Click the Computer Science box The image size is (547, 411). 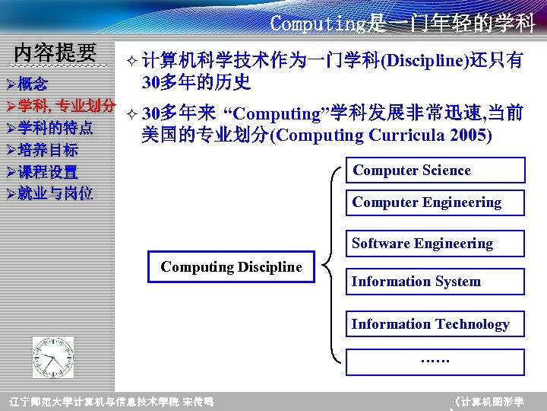435,170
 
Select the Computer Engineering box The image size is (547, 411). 435,202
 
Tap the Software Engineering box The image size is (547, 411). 435,244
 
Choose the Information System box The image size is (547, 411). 435,282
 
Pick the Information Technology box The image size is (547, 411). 435,324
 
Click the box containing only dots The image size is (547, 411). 435,362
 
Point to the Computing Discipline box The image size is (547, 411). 231,267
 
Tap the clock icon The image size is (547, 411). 54,357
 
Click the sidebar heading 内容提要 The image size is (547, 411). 55,53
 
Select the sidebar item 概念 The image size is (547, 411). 32,84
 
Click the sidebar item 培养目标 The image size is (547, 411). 48,149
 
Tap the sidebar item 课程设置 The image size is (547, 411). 48,171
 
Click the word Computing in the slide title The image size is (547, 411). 318,24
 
